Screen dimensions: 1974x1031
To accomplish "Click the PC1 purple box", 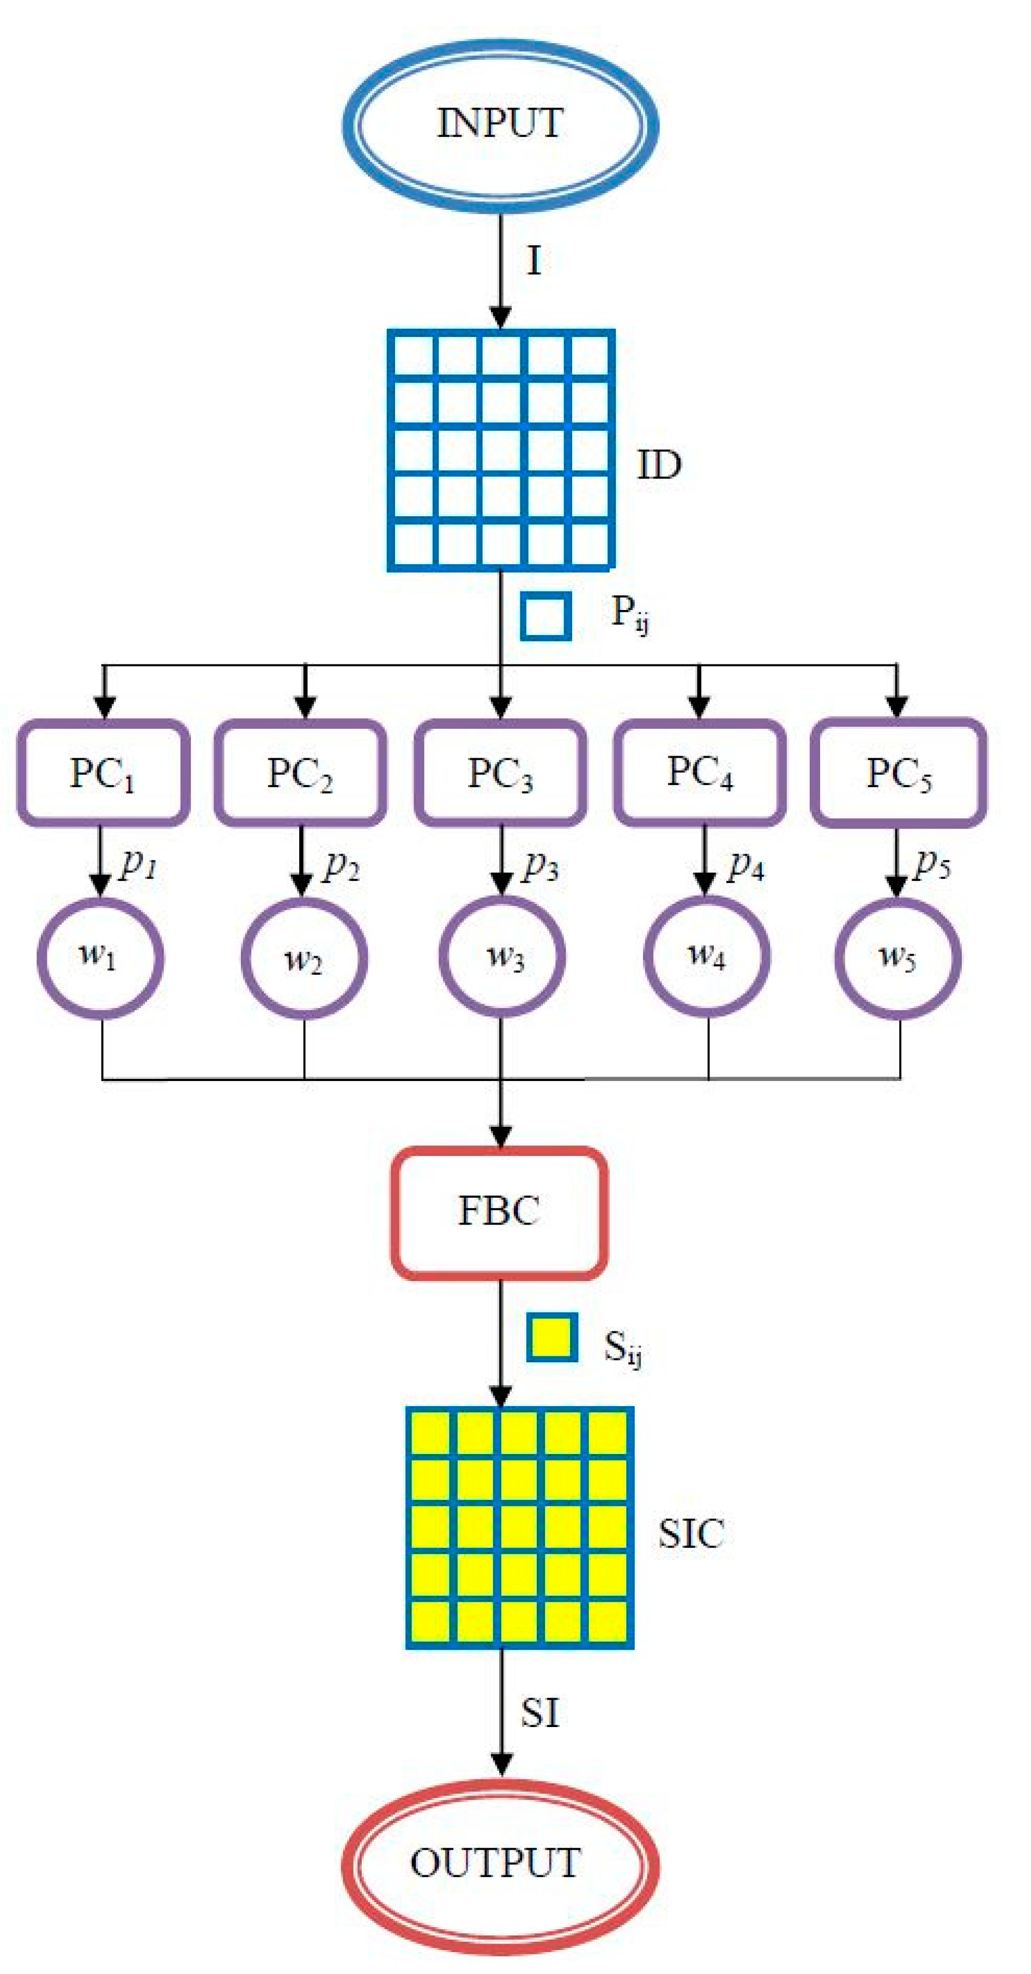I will (104, 772).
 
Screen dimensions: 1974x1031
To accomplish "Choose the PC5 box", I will (897, 772).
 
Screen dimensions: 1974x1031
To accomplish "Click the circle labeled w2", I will (304, 958).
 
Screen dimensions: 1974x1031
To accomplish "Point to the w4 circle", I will (706, 956).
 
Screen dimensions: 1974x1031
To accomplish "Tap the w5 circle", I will (897, 958).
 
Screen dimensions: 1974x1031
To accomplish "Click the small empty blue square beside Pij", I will (545, 615).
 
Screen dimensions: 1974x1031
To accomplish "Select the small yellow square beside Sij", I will (551, 1338).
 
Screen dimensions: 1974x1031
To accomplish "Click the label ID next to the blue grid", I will (659, 465).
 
